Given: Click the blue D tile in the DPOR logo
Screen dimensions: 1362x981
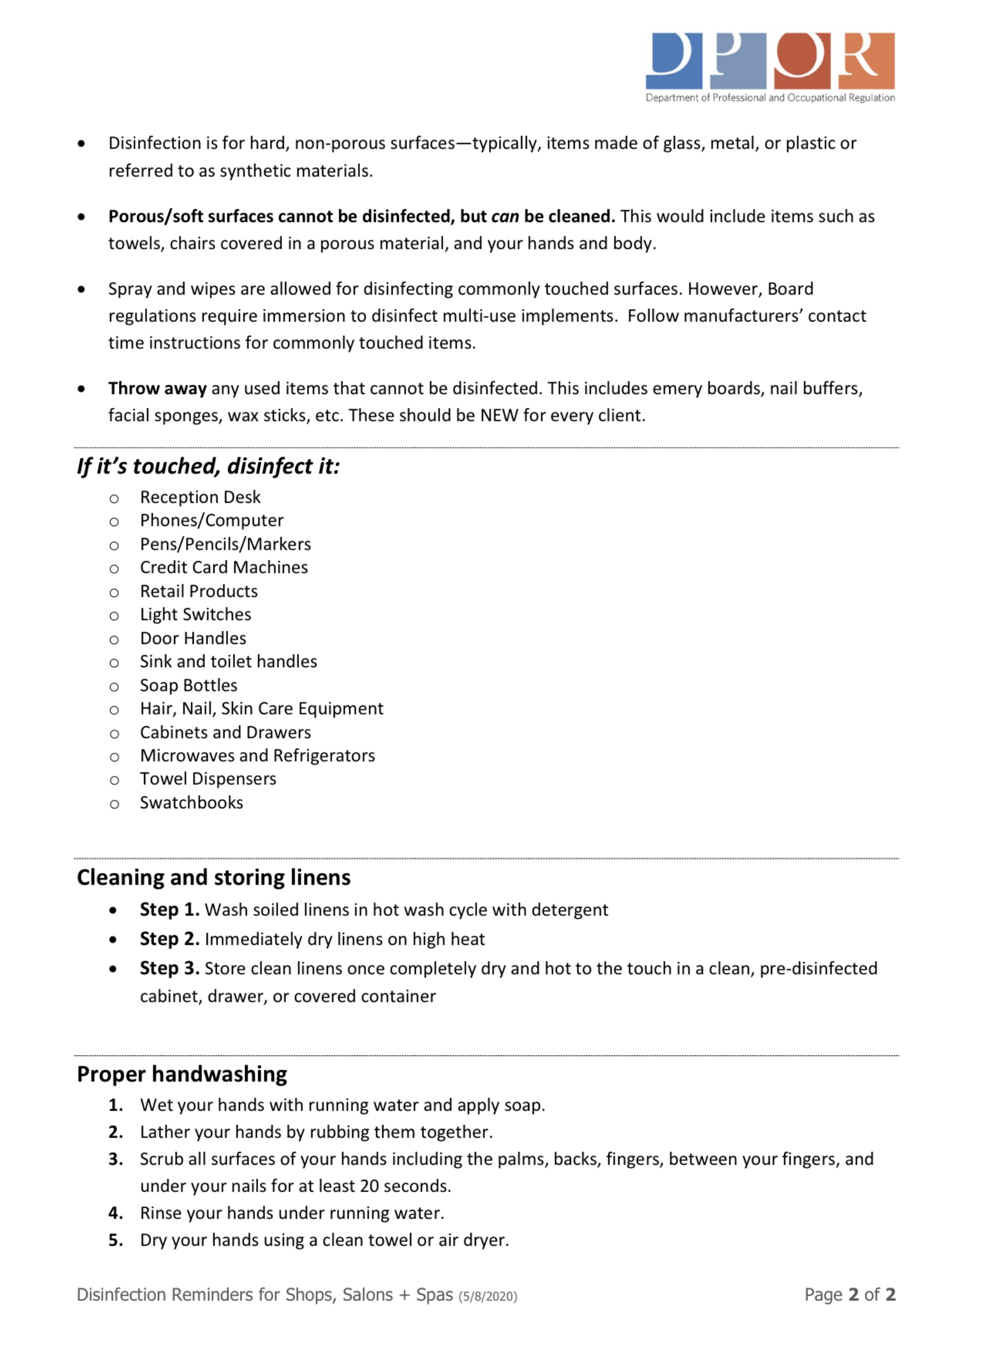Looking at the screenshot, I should pos(674,61).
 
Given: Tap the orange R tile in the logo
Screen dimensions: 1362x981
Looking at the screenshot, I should pos(866,61).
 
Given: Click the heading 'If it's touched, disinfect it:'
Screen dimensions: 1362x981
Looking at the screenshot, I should pos(208,466).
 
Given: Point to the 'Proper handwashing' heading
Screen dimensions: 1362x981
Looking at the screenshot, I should pos(181,1074).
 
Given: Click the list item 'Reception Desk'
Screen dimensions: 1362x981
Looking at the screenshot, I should pos(200,497).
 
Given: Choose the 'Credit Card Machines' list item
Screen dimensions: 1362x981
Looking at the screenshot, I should pos(223,568).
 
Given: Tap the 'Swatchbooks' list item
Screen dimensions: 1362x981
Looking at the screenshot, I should pos(191,803).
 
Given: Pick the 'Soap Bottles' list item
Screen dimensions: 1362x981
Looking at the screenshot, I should pos(189,685).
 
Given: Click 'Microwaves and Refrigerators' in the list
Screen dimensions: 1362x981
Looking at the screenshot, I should pos(257,756).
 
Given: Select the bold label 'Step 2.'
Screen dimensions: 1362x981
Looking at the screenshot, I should pos(169,939).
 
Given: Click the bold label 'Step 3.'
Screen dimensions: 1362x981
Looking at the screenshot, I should pos(169,969).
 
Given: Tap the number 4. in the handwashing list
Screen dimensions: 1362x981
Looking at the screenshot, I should pos(116,1213).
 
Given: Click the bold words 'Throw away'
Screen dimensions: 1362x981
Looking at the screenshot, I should pos(157,389).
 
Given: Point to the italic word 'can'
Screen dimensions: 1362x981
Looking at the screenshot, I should pos(505,216).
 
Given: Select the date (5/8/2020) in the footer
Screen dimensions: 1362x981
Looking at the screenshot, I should pos(488,1297).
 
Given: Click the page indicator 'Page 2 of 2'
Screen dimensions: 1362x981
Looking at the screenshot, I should pos(850,1295).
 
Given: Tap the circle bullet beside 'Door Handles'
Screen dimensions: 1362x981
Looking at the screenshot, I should pos(114,639).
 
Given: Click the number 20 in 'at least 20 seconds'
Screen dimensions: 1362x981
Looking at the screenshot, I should pos(369,1186).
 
